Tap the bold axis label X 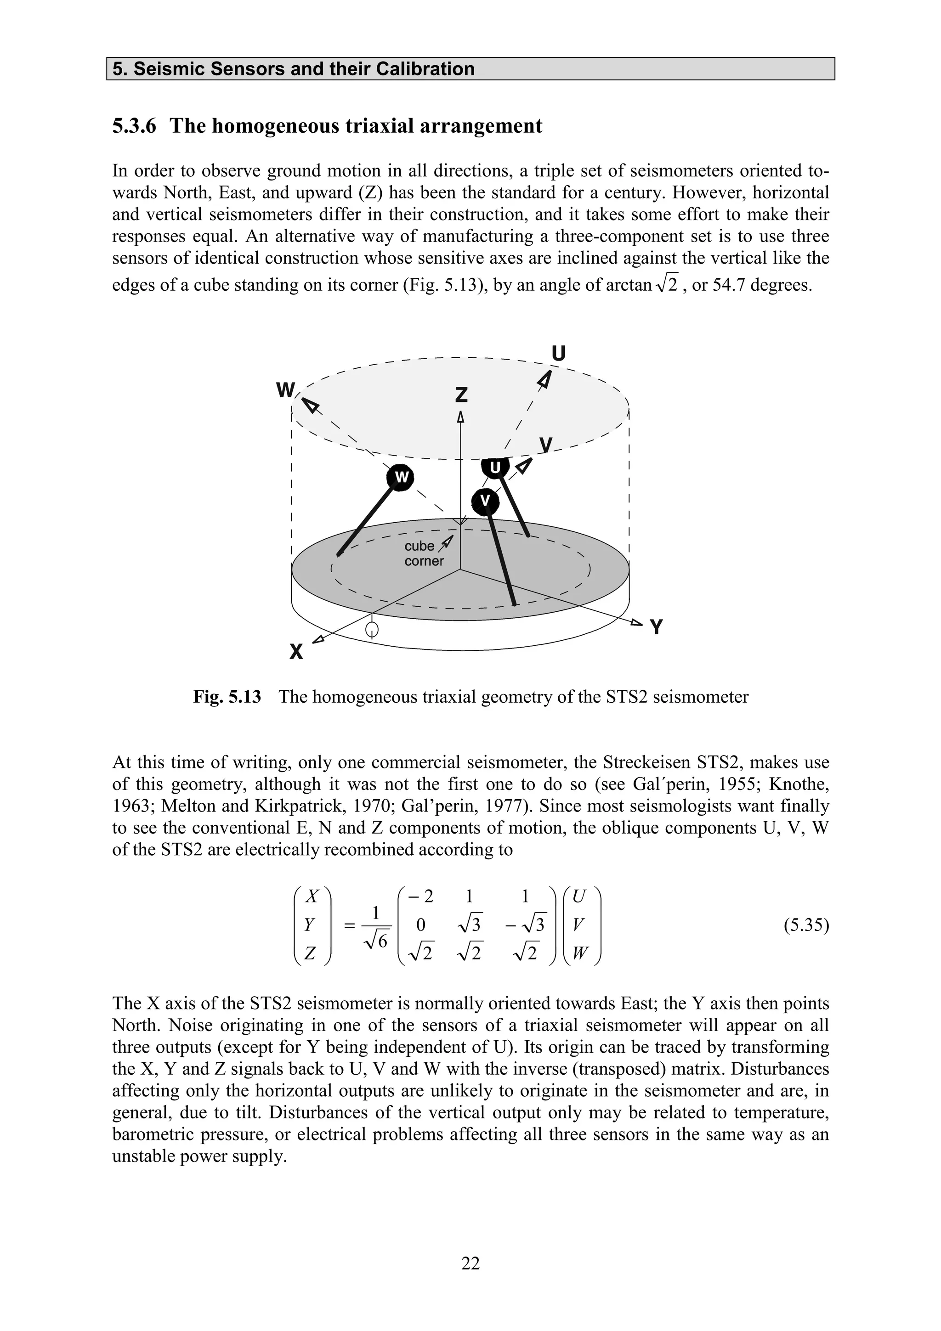tap(296, 653)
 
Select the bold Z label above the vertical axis tap(461, 395)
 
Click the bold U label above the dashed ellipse tap(558, 354)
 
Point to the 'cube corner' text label tap(423, 553)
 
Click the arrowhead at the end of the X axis tap(317, 640)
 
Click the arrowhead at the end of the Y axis tap(637, 623)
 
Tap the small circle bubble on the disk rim tap(373, 629)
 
